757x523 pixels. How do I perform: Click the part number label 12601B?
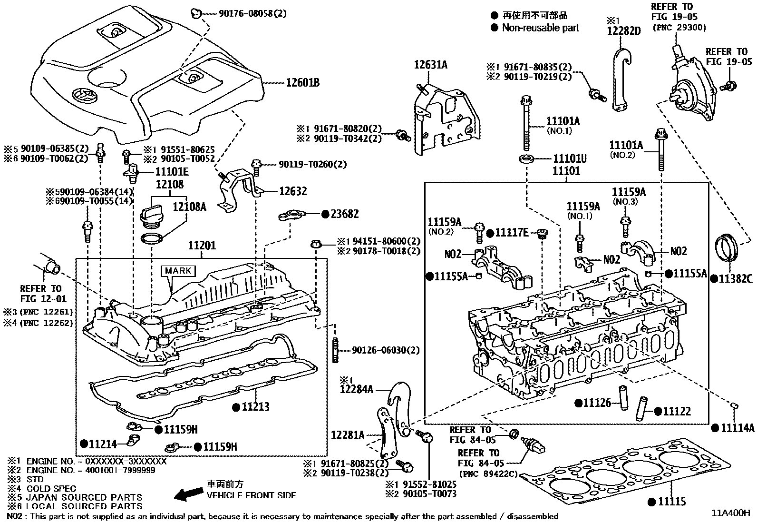[x=302, y=83]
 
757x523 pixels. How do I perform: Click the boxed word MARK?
[x=178, y=271]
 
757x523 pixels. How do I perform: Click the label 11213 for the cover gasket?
[x=256, y=406]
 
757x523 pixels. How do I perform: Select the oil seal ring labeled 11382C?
[x=727, y=247]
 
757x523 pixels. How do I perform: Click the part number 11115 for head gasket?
[x=672, y=501]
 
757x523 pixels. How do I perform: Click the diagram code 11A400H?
[x=730, y=513]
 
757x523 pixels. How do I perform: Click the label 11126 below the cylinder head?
[x=597, y=403]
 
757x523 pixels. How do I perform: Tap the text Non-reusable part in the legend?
[x=541, y=28]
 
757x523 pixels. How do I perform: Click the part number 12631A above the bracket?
[x=430, y=65]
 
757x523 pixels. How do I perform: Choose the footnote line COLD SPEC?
[x=51, y=488]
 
